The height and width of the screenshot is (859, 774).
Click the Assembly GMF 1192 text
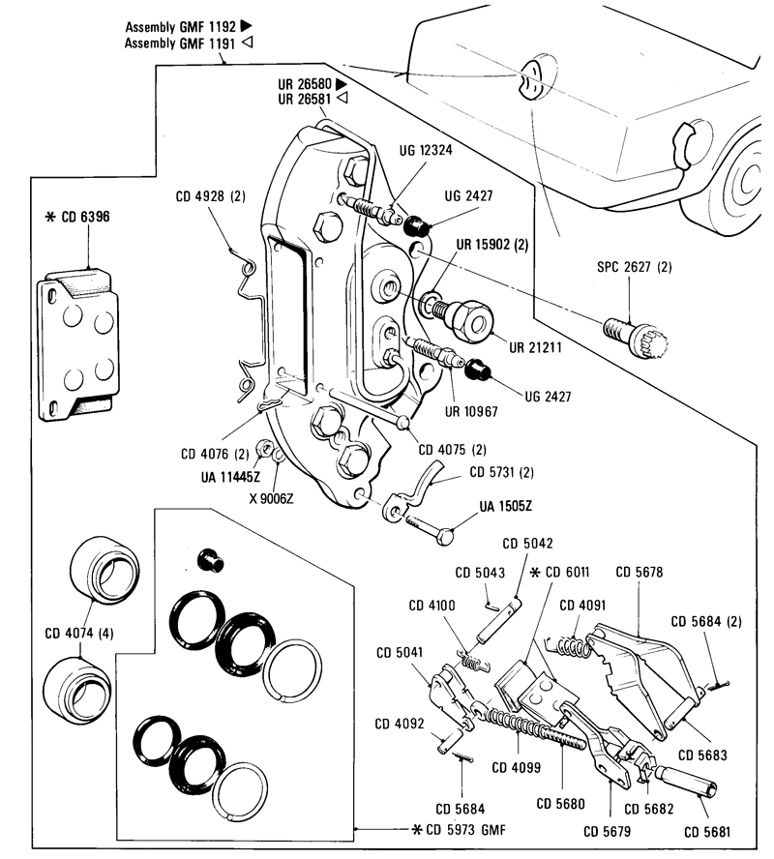[x=182, y=28]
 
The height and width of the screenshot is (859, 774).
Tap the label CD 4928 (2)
[x=210, y=196]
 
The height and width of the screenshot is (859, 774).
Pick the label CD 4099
[x=517, y=770]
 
